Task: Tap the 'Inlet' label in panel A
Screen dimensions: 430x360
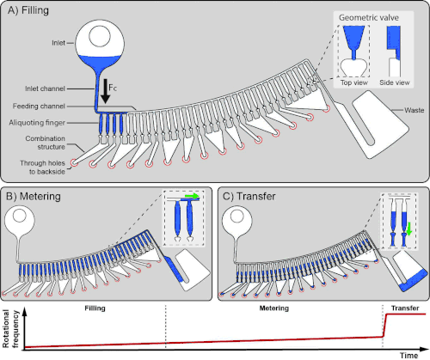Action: [x=58, y=43]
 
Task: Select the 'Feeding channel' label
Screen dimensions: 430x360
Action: [x=39, y=107]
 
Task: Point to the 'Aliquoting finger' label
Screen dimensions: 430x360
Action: [x=37, y=123]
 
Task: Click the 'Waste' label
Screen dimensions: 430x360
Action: [x=415, y=110]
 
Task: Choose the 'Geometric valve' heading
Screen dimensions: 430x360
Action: [x=369, y=18]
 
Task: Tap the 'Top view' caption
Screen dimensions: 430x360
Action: [x=354, y=82]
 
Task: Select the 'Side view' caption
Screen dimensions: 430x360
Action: [x=395, y=82]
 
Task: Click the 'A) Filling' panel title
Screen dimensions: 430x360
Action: [x=28, y=10]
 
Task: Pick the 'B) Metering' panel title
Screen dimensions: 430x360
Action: [x=34, y=197]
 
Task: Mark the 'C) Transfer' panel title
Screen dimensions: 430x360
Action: [x=249, y=197]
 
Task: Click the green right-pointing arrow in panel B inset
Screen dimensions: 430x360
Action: [x=192, y=196]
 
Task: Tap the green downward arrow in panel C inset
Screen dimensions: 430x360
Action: [x=409, y=229]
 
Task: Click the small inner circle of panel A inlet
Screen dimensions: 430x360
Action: [x=100, y=37]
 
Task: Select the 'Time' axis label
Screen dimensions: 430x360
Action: [x=409, y=356]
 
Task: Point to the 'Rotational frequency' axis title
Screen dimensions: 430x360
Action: [x=10, y=328]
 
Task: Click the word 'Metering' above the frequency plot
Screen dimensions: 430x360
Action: [x=274, y=308]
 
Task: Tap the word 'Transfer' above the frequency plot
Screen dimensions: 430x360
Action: [x=405, y=308]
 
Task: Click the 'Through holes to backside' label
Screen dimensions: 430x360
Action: [x=42, y=168]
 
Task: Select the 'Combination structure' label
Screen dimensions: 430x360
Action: [x=45, y=143]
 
